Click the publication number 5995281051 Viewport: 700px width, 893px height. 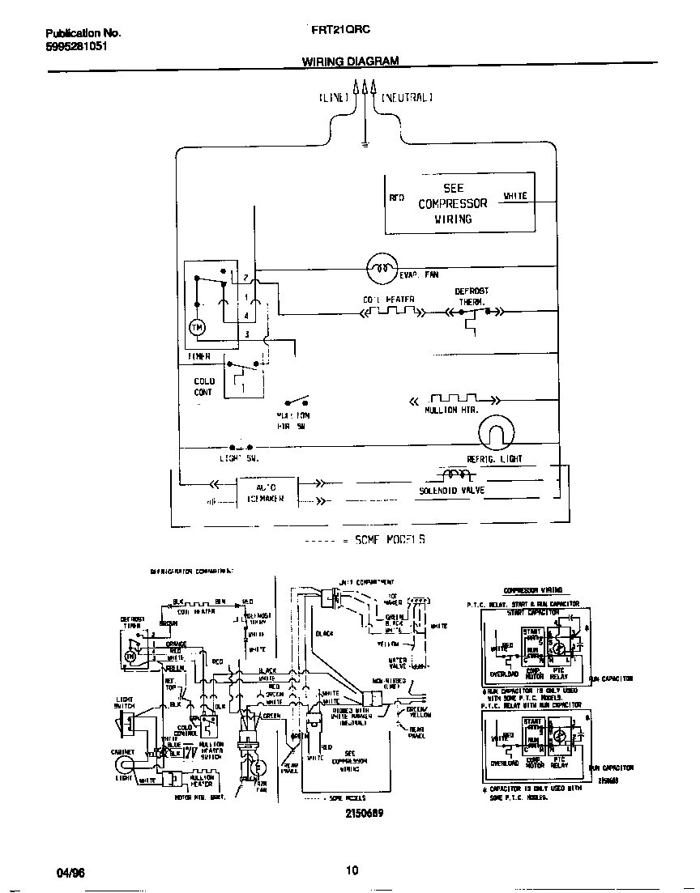click(x=75, y=46)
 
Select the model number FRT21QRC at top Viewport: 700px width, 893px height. click(x=340, y=29)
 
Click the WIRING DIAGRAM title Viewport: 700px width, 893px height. click(x=350, y=61)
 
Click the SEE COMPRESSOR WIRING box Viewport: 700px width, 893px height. click(x=459, y=202)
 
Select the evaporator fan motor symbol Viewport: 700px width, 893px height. click(x=381, y=266)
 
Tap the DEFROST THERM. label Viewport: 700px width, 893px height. click(x=471, y=296)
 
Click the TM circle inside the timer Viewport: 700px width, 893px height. click(x=197, y=327)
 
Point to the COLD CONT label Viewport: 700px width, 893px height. click(x=203, y=386)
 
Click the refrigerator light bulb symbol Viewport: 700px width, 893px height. click(x=496, y=436)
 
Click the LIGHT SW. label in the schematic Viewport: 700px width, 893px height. click(x=238, y=458)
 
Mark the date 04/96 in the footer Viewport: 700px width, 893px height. click(x=70, y=872)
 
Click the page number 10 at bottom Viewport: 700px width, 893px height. click(x=352, y=871)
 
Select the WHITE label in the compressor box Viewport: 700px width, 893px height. click(x=515, y=196)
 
